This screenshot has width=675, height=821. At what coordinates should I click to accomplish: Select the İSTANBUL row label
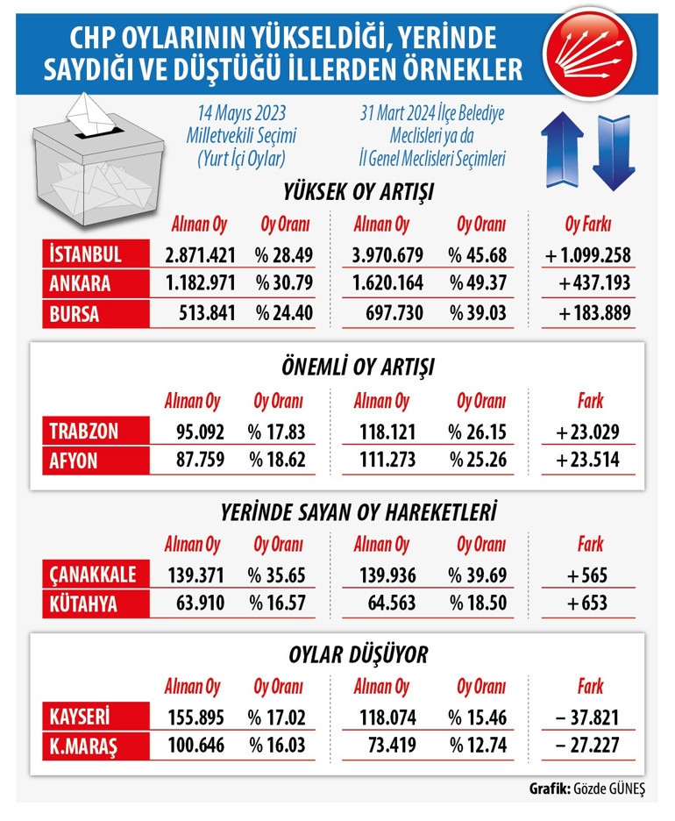click(x=87, y=255)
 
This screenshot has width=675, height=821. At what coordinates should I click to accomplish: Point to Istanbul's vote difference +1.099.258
click(x=587, y=255)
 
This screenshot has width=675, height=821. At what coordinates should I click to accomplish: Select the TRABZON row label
click(x=85, y=431)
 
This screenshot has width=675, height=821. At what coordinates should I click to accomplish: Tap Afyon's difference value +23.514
click(x=589, y=459)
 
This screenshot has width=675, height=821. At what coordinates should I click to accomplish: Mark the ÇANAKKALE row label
click(x=91, y=575)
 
